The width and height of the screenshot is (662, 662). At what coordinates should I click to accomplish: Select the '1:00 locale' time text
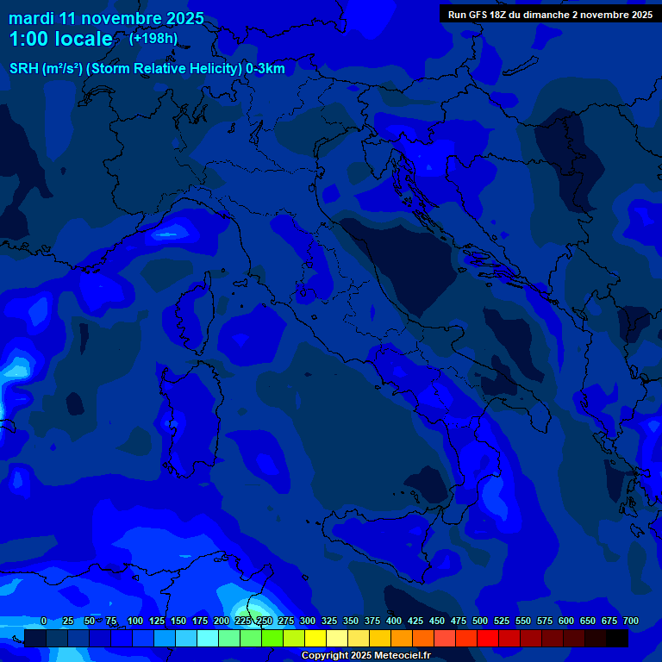[x=60, y=39]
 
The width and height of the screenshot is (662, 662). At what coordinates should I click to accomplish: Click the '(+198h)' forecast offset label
[x=153, y=38]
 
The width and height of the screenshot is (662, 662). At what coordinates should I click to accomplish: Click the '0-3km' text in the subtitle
[x=265, y=68]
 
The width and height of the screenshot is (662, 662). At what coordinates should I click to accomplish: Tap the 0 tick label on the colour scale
[x=44, y=621]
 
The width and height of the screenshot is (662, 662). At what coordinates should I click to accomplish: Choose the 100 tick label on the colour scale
[x=135, y=621]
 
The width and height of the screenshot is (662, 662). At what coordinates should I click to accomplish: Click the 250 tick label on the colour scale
[x=265, y=621]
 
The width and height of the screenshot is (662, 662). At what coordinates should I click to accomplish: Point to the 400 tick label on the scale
[x=394, y=621]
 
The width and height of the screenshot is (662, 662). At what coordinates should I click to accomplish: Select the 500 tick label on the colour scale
[x=480, y=621]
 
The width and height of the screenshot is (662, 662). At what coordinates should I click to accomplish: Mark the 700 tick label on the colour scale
[x=631, y=621]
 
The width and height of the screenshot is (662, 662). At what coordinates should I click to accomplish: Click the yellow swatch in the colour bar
[x=315, y=638]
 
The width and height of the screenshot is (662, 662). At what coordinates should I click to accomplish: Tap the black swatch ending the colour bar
[x=617, y=638]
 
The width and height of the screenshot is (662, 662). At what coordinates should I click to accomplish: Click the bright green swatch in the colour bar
[x=272, y=638]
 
